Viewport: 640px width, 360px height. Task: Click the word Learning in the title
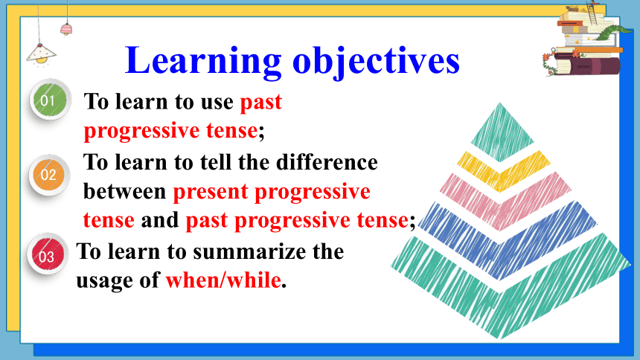click(203, 61)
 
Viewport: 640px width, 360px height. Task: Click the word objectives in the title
click(377, 61)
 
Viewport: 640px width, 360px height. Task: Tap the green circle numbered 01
click(50, 99)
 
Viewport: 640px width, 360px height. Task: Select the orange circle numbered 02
click(49, 175)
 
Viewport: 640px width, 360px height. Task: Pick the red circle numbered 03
click(48, 254)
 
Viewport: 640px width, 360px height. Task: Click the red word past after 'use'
click(260, 102)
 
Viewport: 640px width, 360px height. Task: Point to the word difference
click(327, 162)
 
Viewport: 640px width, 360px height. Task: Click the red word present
click(211, 192)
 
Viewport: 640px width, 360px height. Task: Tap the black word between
click(124, 191)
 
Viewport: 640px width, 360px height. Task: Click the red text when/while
click(224, 280)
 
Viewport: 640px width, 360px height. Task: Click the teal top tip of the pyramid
click(502, 132)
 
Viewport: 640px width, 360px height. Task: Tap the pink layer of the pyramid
click(505, 201)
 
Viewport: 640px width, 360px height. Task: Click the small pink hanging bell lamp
click(66, 30)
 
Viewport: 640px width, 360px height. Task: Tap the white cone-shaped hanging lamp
click(41, 54)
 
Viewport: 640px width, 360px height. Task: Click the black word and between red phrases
click(160, 219)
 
